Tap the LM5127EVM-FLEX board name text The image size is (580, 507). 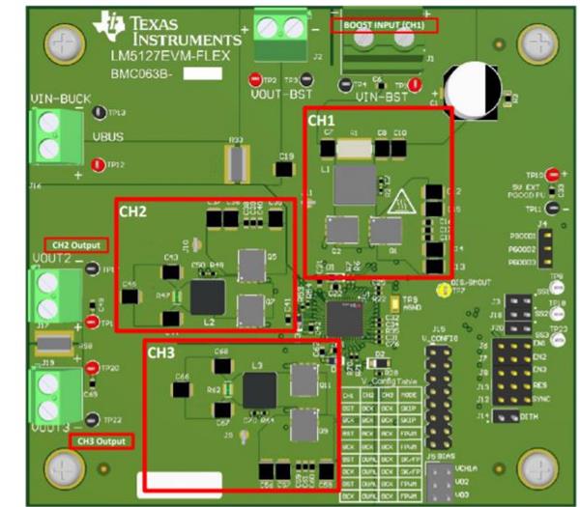coord(160,57)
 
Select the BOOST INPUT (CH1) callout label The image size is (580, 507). coord(383,23)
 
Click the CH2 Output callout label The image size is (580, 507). coord(75,245)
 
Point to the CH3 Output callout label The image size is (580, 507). coord(101,441)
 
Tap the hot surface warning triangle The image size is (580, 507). coord(400,203)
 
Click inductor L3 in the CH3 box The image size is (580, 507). coord(259,389)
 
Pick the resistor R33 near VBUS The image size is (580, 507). coord(234,163)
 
